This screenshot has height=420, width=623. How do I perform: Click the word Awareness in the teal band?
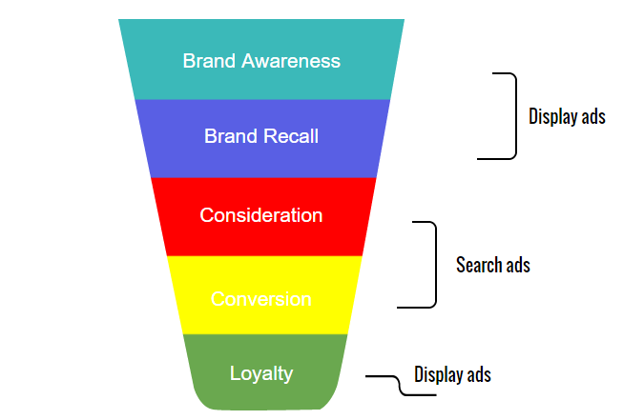(291, 61)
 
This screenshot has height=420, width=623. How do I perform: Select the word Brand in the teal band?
(209, 61)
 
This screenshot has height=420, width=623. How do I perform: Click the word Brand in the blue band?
(230, 136)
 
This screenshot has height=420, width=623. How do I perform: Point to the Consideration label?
(260, 215)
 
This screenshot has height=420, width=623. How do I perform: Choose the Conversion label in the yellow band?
(260, 299)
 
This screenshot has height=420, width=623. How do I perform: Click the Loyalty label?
(260, 373)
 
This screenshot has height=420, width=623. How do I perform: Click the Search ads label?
(492, 265)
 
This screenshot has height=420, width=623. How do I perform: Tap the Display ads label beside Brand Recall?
(567, 117)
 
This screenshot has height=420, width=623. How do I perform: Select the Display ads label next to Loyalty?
(452, 374)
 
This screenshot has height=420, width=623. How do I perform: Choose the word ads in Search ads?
(516, 265)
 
